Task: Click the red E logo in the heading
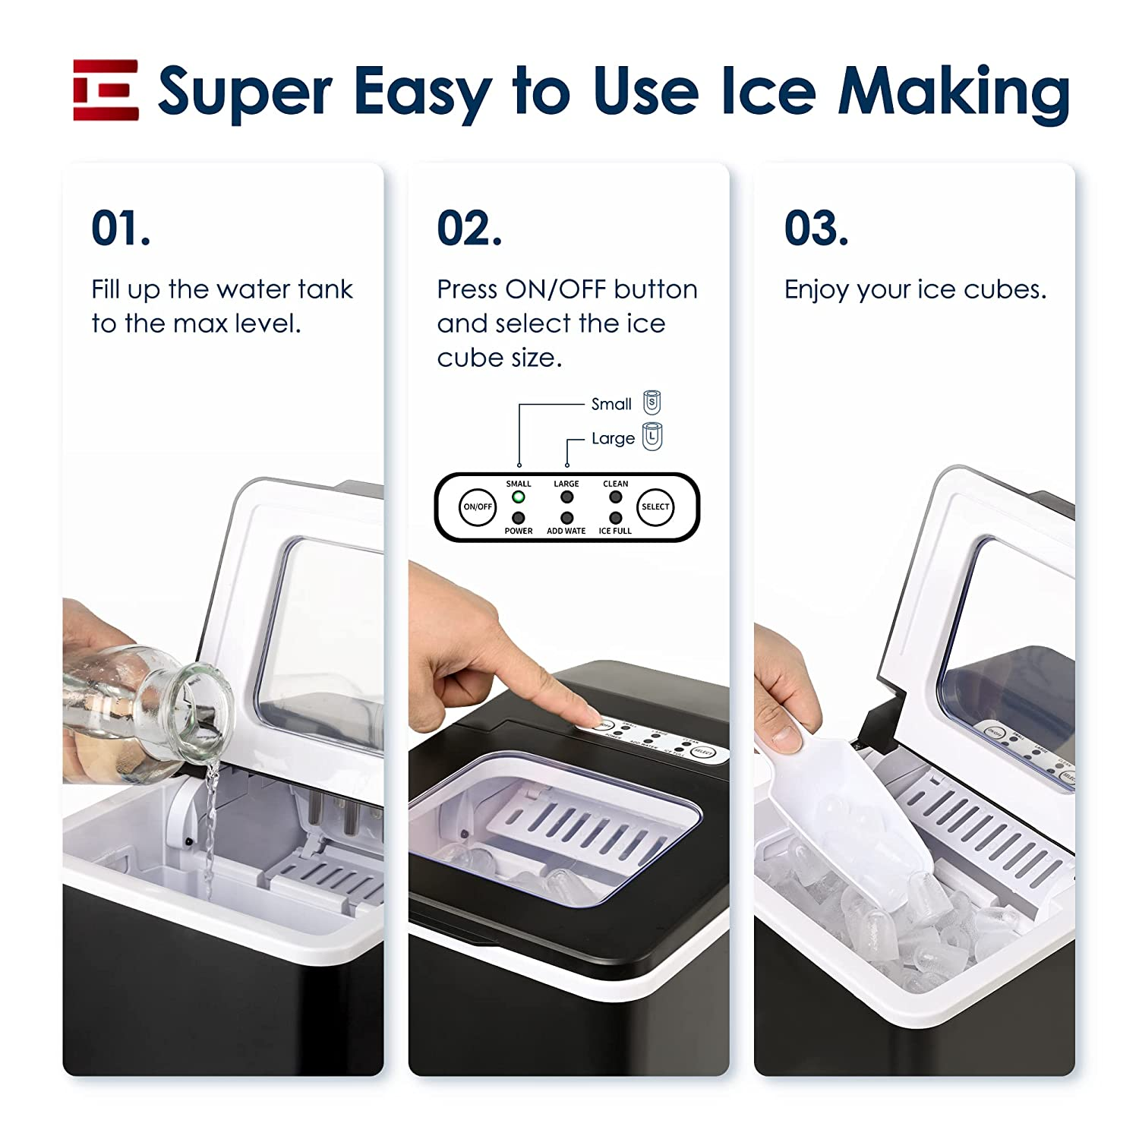pyautogui.click(x=106, y=90)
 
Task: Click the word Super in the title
pyautogui.click(x=245, y=92)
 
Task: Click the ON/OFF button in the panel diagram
pyautogui.click(x=478, y=506)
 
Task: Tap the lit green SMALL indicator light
pyautogui.click(x=519, y=497)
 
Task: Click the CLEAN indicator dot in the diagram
pyautogui.click(x=615, y=497)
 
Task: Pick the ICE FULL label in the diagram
pyautogui.click(x=615, y=531)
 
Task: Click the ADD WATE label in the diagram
pyautogui.click(x=566, y=531)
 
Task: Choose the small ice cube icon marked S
pyautogui.click(x=652, y=402)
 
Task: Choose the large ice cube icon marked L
pyautogui.click(x=652, y=437)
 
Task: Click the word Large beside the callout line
pyautogui.click(x=613, y=439)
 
